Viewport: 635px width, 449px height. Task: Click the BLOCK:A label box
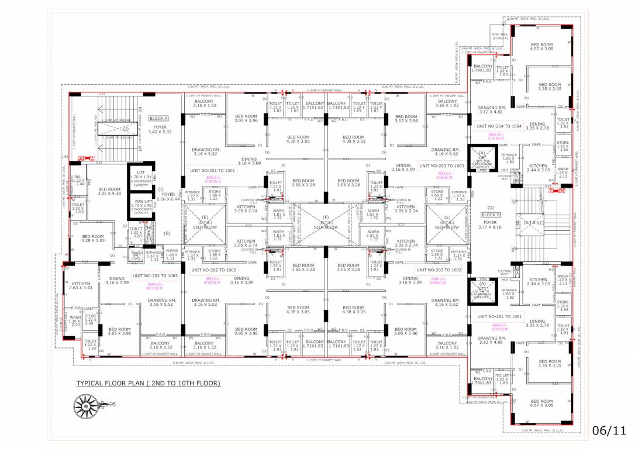(158, 118)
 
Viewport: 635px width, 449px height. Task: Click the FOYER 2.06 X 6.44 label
(168, 197)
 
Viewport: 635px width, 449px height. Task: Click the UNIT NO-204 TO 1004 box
(499, 126)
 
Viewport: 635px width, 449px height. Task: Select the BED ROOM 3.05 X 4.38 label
(109, 192)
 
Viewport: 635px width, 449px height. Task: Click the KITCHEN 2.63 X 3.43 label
(81, 285)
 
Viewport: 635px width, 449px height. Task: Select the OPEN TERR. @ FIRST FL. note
(499, 36)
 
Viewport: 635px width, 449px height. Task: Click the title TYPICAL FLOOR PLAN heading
(149, 384)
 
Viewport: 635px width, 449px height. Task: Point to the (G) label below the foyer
(167, 234)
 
